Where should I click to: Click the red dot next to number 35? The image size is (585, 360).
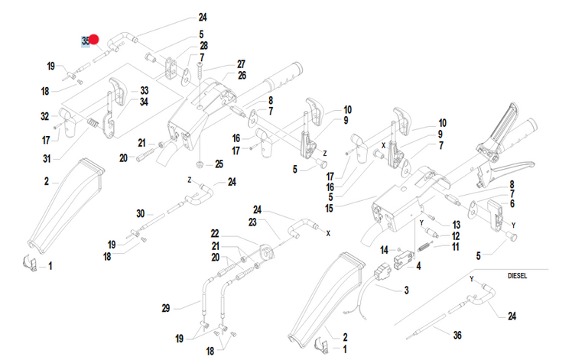pos(95,39)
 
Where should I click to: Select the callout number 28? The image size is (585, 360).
pos(203,46)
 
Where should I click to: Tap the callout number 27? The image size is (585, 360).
pos(241,63)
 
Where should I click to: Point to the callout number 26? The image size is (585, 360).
pos(241,75)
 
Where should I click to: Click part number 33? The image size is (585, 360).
pos(144,91)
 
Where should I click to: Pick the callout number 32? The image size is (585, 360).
pos(44,117)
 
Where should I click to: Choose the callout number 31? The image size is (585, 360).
pos(47,158)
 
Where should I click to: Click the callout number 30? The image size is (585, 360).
pos(140,213)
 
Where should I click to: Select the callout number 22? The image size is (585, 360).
pos(215,232)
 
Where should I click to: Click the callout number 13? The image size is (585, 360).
pos(456,225)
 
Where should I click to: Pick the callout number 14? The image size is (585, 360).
pos(384,249)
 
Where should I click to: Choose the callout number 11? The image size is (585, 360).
pos(456,248)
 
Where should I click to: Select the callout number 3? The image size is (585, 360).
pos(406,290)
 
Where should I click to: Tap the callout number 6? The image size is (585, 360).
pos(512,204)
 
